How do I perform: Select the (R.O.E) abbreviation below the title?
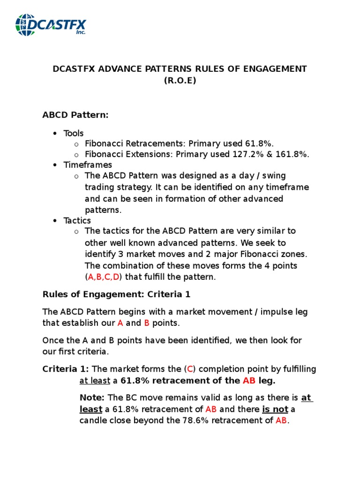coord(180,80)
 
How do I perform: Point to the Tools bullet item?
coord(74,133)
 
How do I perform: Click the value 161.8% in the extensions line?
coord(290,155)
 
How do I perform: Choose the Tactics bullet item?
coord(78,220)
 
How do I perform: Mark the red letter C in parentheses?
coord(190,369)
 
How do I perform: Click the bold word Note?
coord(92,398)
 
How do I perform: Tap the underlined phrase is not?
coord(275,409)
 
